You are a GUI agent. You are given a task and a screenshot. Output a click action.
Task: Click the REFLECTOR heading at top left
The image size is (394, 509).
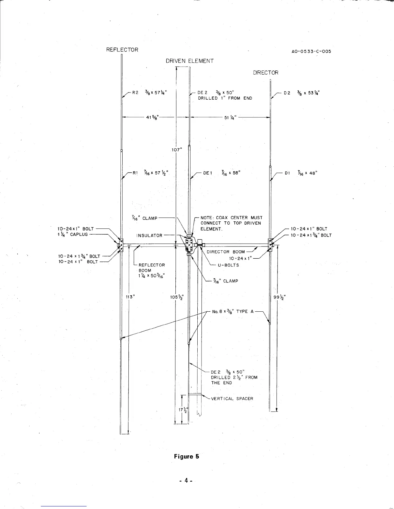(x=122, y=50)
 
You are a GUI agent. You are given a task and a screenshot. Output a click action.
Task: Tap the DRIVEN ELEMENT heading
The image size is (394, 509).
(x=190, y=61)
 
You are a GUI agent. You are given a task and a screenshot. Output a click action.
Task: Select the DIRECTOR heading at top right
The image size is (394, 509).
(x=266, y=73)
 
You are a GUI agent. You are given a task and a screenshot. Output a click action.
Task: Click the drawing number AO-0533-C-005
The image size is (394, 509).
(x=311, y=51)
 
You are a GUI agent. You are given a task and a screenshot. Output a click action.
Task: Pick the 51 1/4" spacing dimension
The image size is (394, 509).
(x=230, y=117)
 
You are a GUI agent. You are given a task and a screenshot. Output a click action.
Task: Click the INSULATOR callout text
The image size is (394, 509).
(x=149, y=236)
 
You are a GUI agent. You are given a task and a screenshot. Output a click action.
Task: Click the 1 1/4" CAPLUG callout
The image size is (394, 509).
(x=72, y=234)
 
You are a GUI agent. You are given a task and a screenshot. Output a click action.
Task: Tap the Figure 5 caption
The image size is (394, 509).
(x=187, y=456)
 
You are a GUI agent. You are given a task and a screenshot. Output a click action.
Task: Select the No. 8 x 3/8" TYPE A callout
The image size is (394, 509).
(x=233, y=311)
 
